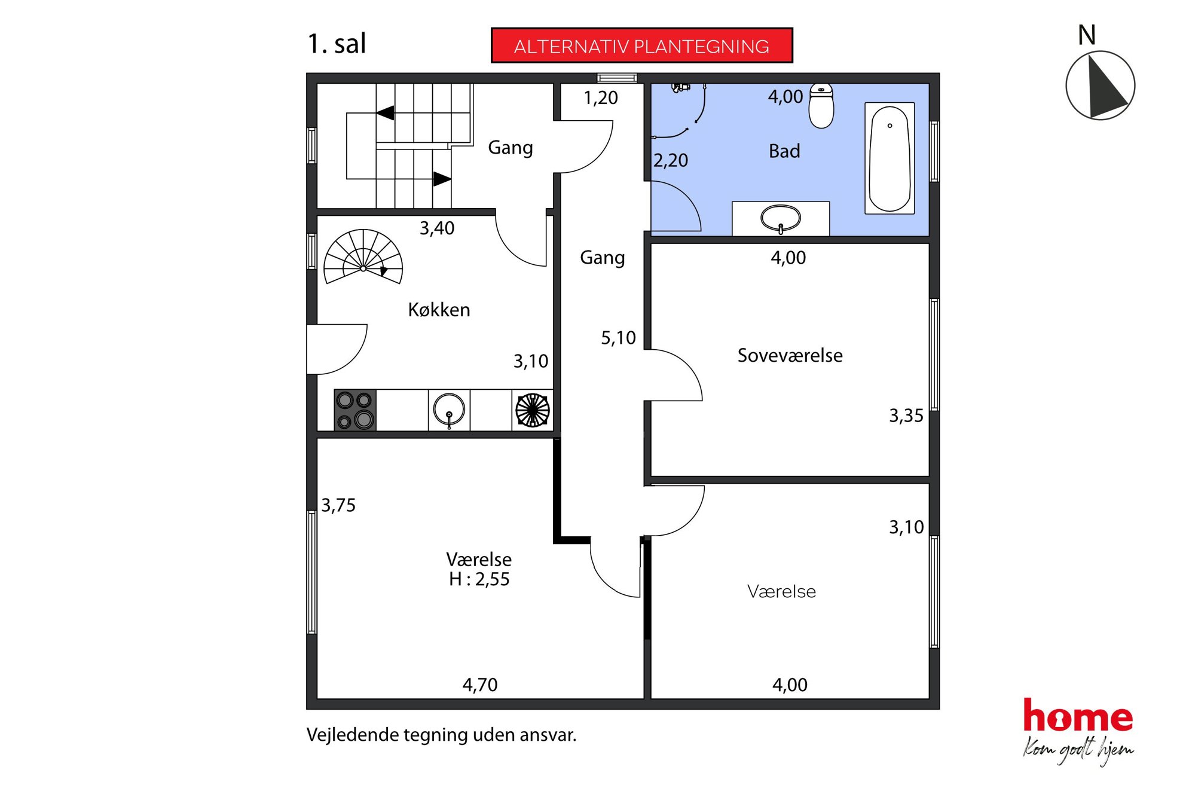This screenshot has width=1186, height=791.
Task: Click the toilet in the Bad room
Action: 821,106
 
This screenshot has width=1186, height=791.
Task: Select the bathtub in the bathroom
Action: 889,158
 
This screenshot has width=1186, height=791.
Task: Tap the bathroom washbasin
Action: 780,219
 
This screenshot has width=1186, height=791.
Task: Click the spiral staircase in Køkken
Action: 363,256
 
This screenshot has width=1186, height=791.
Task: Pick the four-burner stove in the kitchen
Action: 355,410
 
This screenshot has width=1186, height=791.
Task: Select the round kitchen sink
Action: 449,410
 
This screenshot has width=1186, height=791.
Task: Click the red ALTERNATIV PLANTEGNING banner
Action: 641,45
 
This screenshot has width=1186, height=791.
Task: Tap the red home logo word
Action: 1078,716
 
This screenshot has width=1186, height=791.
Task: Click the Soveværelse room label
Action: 790,355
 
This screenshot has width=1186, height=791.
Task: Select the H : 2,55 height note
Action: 479,579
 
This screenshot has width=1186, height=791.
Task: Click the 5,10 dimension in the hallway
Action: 618,338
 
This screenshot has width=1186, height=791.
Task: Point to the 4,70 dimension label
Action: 479,685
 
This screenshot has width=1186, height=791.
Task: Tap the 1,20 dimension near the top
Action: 601,97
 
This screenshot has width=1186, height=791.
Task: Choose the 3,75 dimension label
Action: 338,505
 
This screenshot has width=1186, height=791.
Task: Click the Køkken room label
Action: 439,310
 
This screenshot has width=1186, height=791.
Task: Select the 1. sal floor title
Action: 337,44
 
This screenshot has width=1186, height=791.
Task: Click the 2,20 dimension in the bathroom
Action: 671,160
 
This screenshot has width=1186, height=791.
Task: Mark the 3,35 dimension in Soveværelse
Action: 906,416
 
